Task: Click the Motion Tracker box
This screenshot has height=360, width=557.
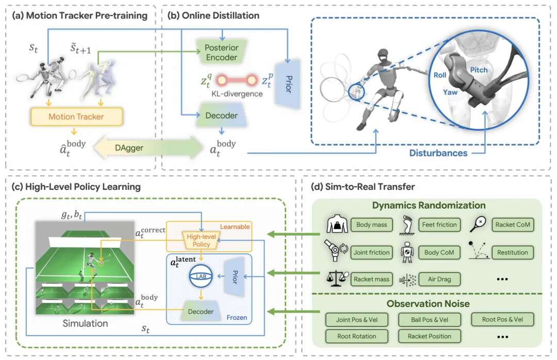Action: [76, 117]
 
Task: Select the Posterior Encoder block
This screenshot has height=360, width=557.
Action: [222, 52]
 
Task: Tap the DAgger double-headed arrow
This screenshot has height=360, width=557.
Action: [148, 148]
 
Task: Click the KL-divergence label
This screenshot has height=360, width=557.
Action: [237, 94]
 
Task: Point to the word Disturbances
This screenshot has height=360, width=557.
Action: [438, 153]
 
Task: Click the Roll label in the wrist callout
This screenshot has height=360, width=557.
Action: [440, 75]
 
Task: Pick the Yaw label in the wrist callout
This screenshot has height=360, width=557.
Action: [450, 92]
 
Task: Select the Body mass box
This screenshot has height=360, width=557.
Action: [371, 224]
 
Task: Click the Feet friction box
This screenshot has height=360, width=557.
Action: [439, 224]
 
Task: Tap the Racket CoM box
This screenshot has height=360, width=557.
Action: [513, 224]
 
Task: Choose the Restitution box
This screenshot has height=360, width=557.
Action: [513, 252]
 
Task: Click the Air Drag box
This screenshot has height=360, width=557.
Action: [439, 279]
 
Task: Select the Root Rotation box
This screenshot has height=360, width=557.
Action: [357, 336]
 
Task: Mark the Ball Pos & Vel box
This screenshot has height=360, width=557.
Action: [430, 319]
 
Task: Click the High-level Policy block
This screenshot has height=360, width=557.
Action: [201, 240]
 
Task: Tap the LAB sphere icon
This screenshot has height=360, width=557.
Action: [201, 276]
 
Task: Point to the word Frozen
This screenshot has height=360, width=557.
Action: [237, 317]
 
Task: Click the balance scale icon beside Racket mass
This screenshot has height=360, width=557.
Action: [336, 279]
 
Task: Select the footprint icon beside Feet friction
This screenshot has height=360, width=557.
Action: [407, 225]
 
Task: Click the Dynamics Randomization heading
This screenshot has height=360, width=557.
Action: [429, 205]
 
